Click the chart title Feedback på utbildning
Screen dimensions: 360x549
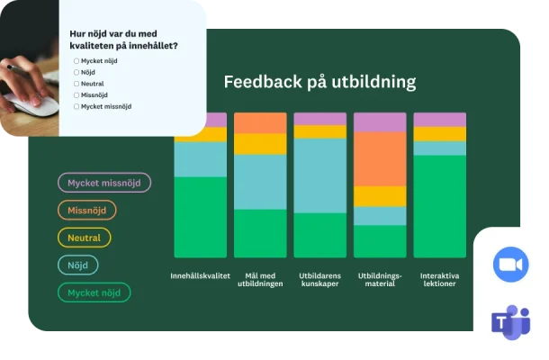(x=319, y=82)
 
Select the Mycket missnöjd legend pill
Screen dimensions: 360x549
(x=104, y=183)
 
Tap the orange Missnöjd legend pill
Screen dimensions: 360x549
(x=87, y=210)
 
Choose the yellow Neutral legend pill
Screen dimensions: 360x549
(x=85, y=238)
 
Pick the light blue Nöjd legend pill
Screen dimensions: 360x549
(x=78, y=265)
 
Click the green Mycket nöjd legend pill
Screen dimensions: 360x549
(x=94, y=292)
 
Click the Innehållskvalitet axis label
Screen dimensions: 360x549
(x=200, y=274)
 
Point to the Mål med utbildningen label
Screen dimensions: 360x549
(x=260, y=279)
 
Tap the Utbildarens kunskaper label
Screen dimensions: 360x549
(x=319, y=279)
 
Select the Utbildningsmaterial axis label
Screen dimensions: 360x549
(x=380, y=279)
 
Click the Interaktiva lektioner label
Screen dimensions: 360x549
(x=439, y=279)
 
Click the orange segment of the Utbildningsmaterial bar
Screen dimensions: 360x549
(x=380, y=159)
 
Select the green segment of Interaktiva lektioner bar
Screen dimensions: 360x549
(x=439, y=207)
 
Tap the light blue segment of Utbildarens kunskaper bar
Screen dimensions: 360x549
(x=319, y=175)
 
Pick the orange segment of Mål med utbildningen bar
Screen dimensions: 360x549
(x=260, y=123)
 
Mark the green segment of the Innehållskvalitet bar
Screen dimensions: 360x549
(x=200, y=217)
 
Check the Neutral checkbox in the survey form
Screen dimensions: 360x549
(x=76, y=84)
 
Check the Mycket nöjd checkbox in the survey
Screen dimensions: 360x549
(x=76, y=61)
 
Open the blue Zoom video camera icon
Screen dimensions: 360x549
(x=510, y=264)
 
